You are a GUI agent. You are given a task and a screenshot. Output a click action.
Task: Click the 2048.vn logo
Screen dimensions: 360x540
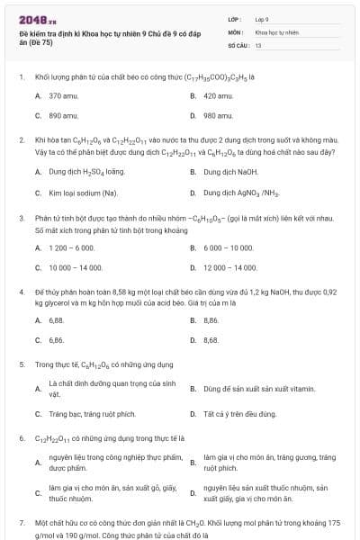pos(32,18)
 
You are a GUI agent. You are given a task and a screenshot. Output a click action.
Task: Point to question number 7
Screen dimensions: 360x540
pos(22,522)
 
